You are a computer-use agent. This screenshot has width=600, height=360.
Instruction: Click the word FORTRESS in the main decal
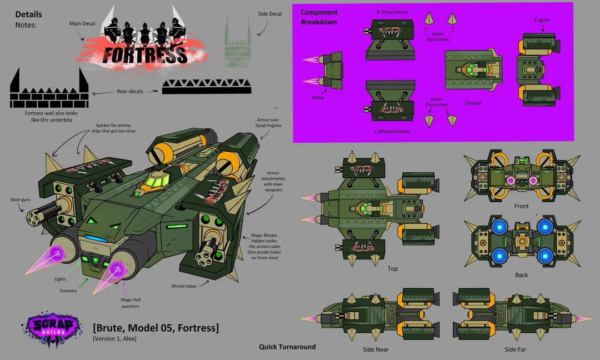click(146, 55)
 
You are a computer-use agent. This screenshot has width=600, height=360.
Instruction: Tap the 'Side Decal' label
click(269, 13)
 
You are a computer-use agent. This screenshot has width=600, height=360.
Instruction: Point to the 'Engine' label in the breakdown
click(542, 20)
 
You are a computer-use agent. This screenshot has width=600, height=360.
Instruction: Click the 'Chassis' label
click(473, 103)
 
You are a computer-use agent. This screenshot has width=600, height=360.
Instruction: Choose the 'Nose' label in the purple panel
click(318, 97)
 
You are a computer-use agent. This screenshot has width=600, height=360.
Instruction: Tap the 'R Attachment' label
click(392, 12)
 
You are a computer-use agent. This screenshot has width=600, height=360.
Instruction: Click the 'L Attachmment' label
click(392, 132)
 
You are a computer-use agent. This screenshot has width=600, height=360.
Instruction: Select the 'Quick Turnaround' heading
click(287, 347)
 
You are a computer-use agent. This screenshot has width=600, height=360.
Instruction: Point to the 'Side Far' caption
click(515, 349)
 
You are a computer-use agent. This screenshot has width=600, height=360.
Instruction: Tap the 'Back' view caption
click(521, 275)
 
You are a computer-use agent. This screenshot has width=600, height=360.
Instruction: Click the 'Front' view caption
click(521, 206)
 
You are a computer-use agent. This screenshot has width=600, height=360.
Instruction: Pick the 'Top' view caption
click(393, 269)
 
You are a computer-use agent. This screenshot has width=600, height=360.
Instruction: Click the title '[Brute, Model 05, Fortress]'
click(156, 328)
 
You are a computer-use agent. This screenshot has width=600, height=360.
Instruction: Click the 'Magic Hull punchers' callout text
click(130, 303)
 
